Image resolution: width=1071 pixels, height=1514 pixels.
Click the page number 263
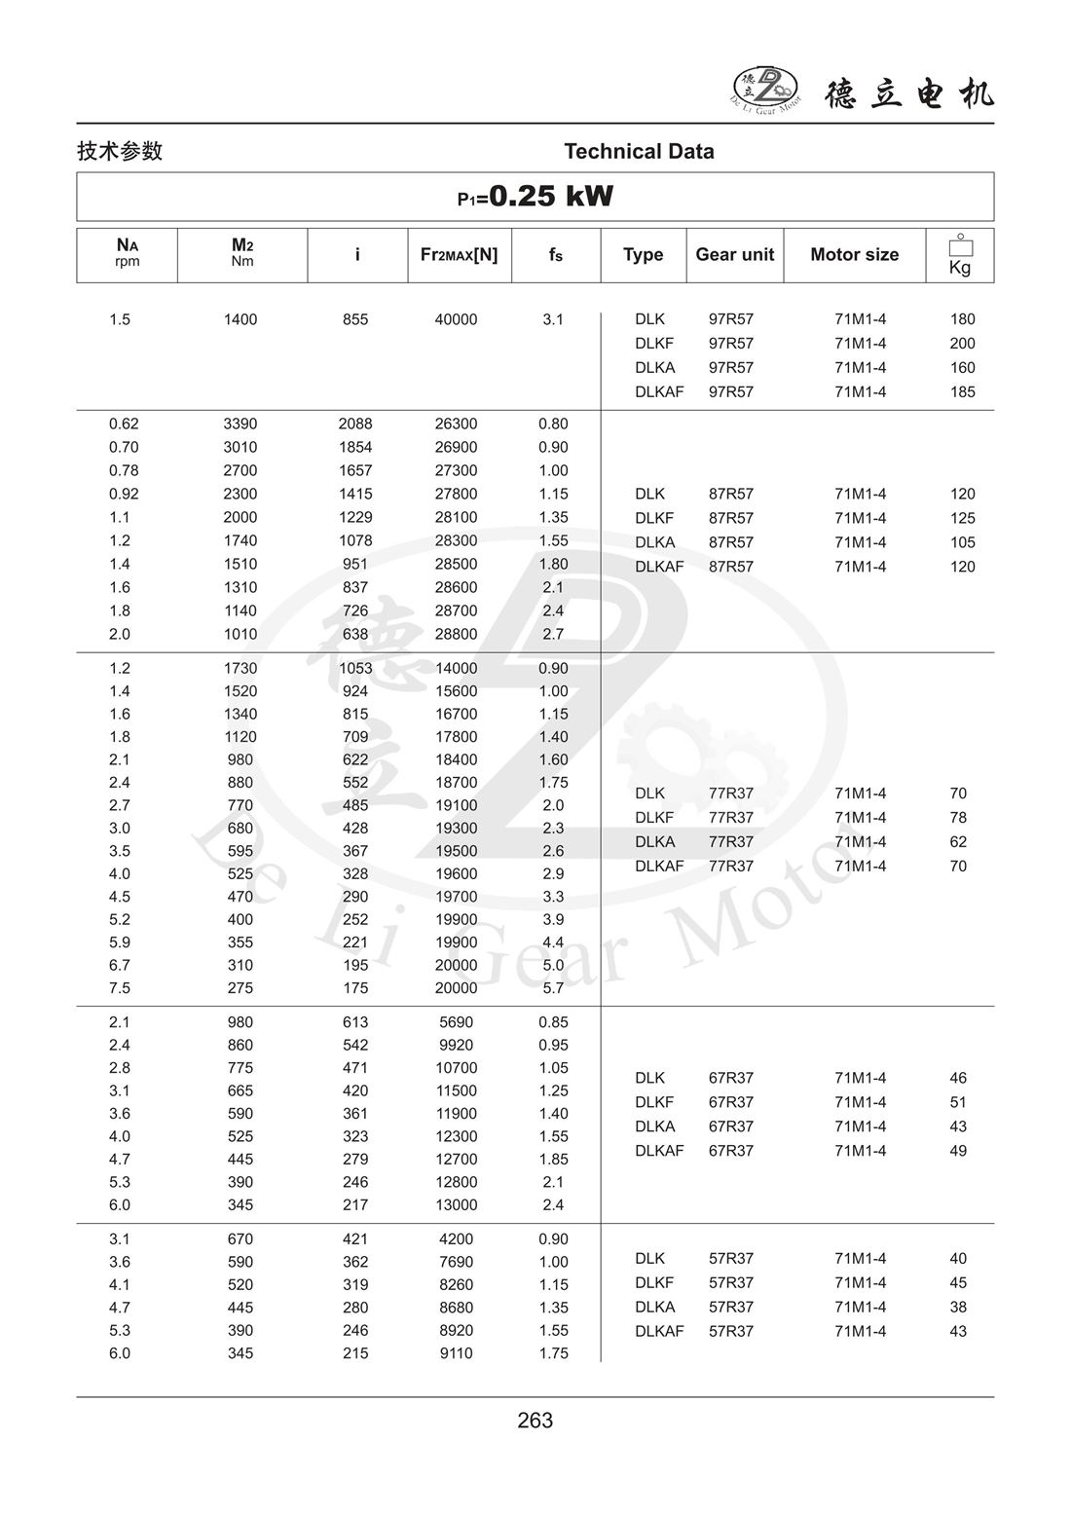pos(535,1421)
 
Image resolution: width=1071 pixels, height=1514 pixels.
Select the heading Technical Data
pos(639,151)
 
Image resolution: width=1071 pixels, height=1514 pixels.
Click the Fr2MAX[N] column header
pos(459,255)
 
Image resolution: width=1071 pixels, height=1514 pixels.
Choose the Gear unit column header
pos(734,255)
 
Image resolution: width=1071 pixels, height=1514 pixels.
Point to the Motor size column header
pos(854,255)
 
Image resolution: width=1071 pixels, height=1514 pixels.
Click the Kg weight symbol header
pos(960,256)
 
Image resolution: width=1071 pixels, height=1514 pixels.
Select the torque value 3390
pos(240,424)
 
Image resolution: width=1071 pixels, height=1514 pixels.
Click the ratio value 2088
pos(355,424)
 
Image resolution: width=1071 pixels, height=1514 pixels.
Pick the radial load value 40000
pos(456,319)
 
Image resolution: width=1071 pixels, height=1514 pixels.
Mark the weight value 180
pos(962,319)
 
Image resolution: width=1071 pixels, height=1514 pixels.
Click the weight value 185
pos(962,392)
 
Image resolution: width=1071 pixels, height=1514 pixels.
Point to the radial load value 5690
pos(456,1022)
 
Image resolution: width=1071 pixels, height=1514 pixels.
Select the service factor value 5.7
pos(553,988)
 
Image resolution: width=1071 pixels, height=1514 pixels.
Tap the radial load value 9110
pos(456,1353)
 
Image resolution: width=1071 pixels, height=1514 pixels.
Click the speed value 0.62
pos(124,424)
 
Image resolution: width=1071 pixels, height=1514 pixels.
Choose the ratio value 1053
pos(355,668)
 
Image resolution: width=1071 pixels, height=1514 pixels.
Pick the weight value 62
pos(958,842)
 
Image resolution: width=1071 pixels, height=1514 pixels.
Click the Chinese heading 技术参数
pos(120,151)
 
